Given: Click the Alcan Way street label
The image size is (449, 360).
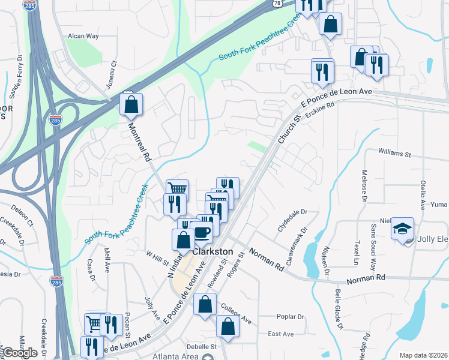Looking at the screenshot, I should pyautogui.click(x=83, y=36).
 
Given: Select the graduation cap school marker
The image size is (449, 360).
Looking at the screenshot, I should pyautogui.click(x=403, y=229).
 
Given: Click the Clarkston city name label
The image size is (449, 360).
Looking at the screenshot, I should pyautogui.click(x=212, y=251).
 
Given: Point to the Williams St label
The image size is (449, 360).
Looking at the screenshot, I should pyautogui.click(x=394, y=154).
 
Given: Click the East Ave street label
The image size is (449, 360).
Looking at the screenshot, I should pyautogui.click(x=280, y=334).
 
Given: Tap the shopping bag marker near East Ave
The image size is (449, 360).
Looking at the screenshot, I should pyautogui.click(x=228, y=326).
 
